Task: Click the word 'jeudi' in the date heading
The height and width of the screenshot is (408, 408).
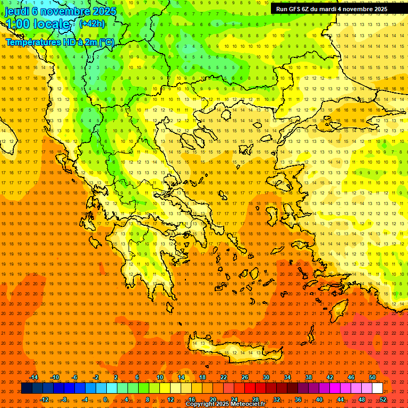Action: click(17, 11)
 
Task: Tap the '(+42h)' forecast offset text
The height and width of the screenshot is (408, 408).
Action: click(92, 23)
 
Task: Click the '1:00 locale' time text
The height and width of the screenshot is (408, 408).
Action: click(37, 24)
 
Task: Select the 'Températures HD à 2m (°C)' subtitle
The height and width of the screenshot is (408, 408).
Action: click(59, 42)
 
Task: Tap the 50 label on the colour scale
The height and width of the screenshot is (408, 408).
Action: click(372, 377)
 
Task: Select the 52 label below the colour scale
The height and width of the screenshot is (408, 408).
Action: click(383, 399)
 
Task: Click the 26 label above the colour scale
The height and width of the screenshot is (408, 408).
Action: click(245, 377)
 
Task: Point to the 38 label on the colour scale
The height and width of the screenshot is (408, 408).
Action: click(309, 377)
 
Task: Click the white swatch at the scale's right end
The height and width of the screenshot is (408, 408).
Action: click(377, 388)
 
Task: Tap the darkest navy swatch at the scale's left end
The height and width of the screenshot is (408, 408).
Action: click(27, 388)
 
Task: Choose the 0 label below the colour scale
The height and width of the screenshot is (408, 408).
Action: click(105, 399)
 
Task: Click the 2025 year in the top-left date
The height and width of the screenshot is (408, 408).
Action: click(104, 11)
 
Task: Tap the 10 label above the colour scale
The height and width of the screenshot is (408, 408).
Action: click(160, 377)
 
